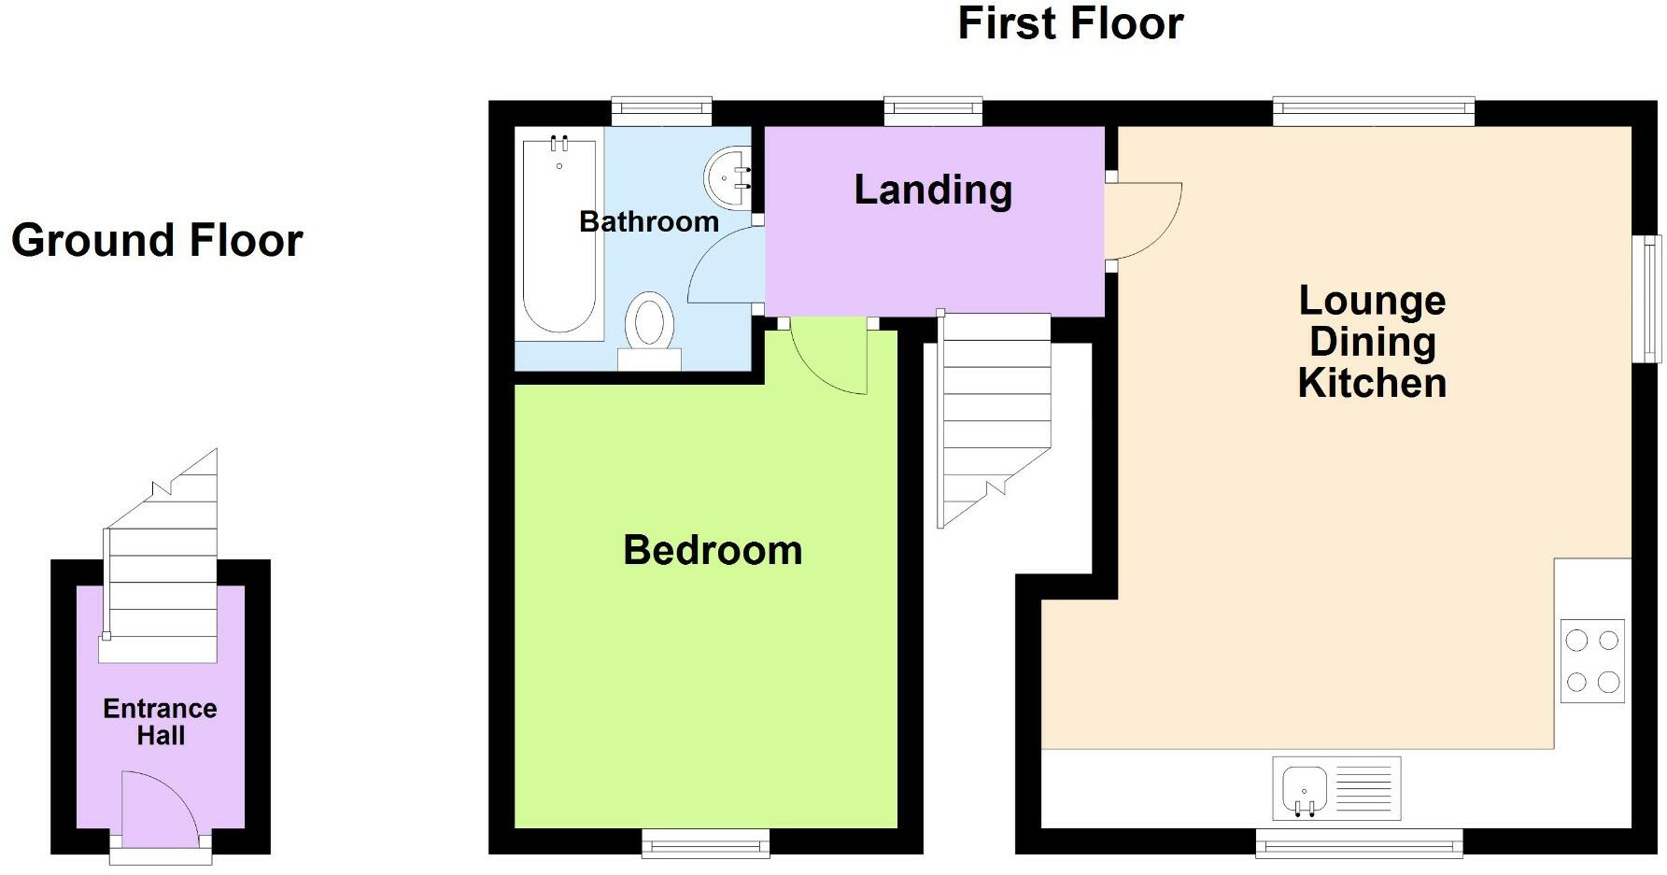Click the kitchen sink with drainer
click(x=1335, y=787)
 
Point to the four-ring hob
click(x=1592, y=660)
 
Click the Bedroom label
click(x=713, y=550)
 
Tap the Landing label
click(x=933, y=190)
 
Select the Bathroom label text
click(x=649, y=221)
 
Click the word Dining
click(x=1372, y=342)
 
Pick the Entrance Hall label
click(x=160, y=722)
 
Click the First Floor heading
click(x=1070, y=23)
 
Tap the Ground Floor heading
click(x=157, y=240)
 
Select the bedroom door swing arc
click(x=831, y=360)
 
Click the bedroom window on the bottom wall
click(x=705, y=844)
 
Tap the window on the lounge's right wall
click(x=1653, y=298)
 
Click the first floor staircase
click(x=995, y=411)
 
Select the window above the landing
click(x=933, y=111)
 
